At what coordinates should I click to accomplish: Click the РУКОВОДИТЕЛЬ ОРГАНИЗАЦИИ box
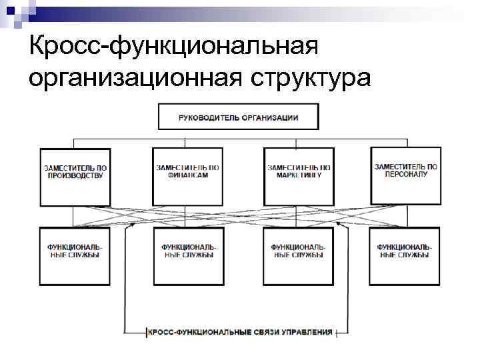(x=238, y=117)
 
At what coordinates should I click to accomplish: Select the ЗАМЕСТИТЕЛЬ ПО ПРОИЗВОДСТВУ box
(x=75, y=177)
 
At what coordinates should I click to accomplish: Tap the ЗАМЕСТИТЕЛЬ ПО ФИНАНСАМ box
(x=187, y=177)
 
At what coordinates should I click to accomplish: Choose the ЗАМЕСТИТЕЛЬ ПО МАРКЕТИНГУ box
(x=299, y=177)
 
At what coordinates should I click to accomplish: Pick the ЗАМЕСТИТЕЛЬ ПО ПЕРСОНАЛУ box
(x=406, y=175)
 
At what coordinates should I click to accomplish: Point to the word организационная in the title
(x=133, y=77)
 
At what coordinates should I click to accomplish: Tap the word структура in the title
(x=309, y=77)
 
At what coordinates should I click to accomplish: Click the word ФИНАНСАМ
(x=187, y=175)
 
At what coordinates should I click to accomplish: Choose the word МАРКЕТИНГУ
(x=299, y=175)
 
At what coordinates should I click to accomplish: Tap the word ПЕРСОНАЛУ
(x=406, y=175)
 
